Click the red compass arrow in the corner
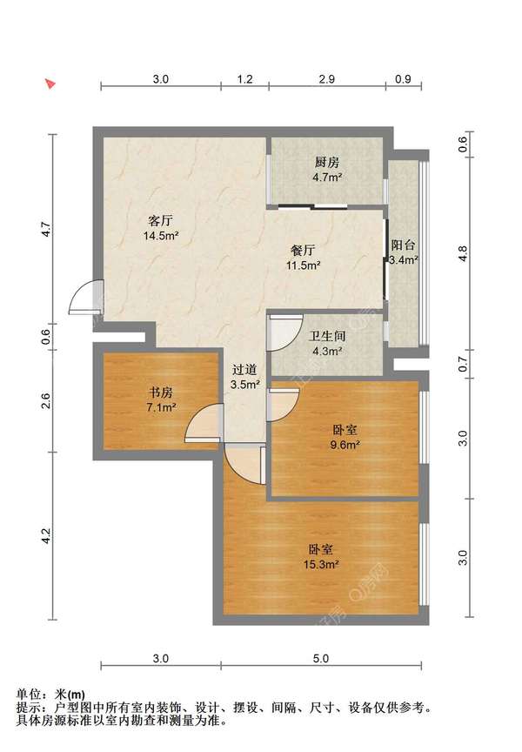point(50,84)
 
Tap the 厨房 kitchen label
point(327,162)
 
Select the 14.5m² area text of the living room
point(162,235)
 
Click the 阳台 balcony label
point(403,245)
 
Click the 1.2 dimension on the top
point(245,79)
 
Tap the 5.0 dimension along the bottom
point(321,658)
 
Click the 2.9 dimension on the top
point(327,79)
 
